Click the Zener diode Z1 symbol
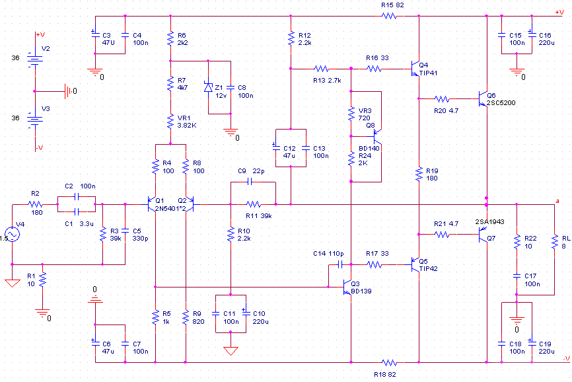(x=208, y=87)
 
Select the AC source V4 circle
(x=12, y=234)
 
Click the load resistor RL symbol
(x=554, y=242)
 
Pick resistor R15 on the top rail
(x=389, y=16)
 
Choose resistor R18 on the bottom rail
(x=389, y=363)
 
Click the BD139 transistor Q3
(x=347, y=287)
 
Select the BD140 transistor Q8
(x=377, y=136)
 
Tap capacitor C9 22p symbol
(x=250, y=182)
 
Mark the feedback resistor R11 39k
(x=253, y=204)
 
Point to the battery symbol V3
(x=34, y=121)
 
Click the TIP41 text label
(x=428, y=73)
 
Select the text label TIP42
(x=428, y=269)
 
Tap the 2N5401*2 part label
(x=170, y=209)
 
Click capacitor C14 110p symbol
(x=340, y=264)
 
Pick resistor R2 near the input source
(x=35, y=204)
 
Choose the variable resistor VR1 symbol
(x=170, y=122)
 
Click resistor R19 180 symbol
(x=419, y=174)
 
